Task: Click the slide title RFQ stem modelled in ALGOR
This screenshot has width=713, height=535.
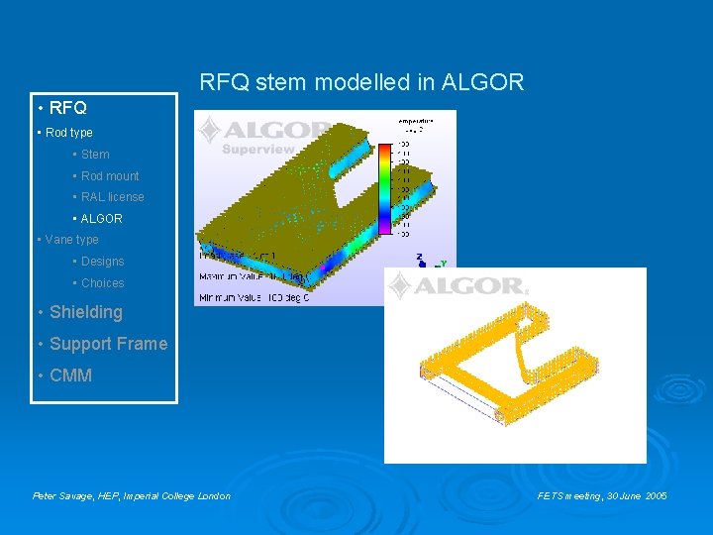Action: [361, 82]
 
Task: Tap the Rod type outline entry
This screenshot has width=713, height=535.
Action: [67, 133]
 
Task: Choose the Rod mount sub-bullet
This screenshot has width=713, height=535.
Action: [109, 176]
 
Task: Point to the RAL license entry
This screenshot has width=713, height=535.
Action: [112, 197]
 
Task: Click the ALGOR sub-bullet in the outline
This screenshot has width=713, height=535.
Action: [101, 219]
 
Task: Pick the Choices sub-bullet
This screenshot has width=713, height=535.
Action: [102, 283]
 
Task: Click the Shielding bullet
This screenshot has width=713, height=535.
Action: [85, 312]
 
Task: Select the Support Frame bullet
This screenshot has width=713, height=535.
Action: [108, 344]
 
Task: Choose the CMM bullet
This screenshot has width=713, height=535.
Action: [70, 375]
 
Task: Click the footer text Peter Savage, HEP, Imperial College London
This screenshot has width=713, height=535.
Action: [132, 495]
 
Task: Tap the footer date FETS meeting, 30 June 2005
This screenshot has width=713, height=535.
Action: [602, 495]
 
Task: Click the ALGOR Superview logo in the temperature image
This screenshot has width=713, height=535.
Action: [262, 135]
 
